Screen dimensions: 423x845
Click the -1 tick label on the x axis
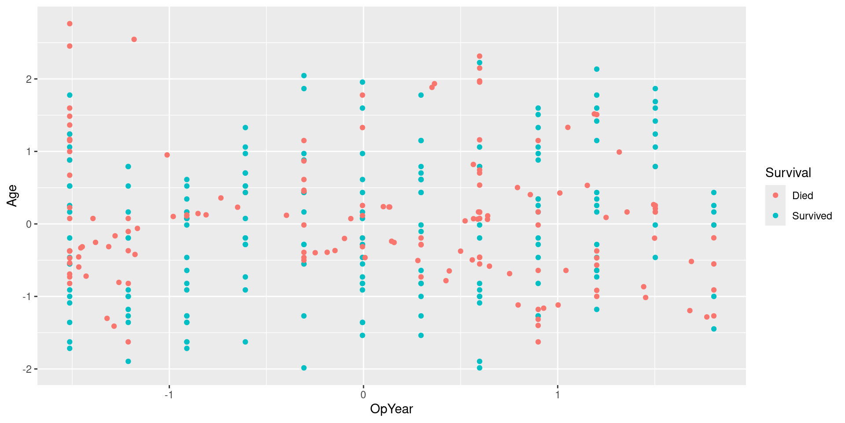169,394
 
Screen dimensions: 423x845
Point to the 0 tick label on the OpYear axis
363,394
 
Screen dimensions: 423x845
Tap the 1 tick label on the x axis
558,394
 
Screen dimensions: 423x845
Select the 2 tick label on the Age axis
29,79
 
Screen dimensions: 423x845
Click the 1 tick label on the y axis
29,152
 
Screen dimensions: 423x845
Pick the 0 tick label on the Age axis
29,224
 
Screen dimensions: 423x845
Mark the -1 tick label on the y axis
27,297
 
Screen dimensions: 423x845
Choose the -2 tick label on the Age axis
27,369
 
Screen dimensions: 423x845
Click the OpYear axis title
391,409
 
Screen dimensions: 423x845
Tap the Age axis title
12,196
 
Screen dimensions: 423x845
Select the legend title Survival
788,173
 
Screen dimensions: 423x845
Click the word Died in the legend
802,196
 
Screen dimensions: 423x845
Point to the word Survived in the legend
812,216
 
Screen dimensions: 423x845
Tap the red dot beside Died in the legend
775,195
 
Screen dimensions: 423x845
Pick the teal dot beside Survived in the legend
775,215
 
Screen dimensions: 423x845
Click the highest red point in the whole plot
70,24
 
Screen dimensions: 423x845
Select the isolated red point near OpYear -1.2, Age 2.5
134,40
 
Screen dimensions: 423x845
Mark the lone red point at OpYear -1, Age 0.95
167,155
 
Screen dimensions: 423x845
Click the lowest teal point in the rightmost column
714,329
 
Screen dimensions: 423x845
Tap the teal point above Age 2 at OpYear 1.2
597,69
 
